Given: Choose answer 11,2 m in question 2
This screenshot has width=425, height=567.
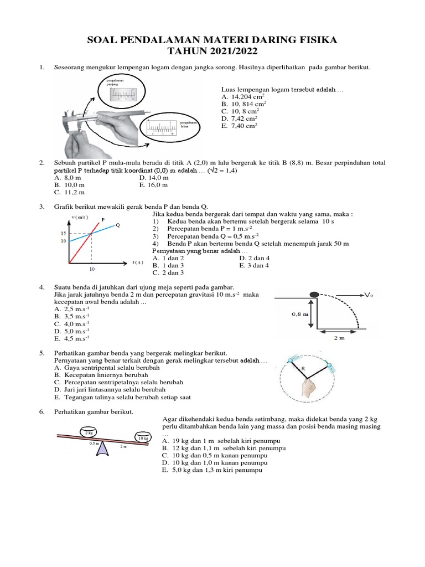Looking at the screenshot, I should (70, 192).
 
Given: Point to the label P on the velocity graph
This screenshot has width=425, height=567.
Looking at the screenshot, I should (103, 219).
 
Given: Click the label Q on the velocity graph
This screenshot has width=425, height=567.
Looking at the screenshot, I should (118, 225).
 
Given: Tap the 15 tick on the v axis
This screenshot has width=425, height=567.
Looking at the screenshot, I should (64, 234).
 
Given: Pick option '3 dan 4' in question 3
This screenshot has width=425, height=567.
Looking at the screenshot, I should (255, 265).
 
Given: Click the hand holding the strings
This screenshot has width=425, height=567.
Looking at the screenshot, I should (307, 385).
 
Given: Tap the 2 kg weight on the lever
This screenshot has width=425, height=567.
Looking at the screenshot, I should (87, 432).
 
